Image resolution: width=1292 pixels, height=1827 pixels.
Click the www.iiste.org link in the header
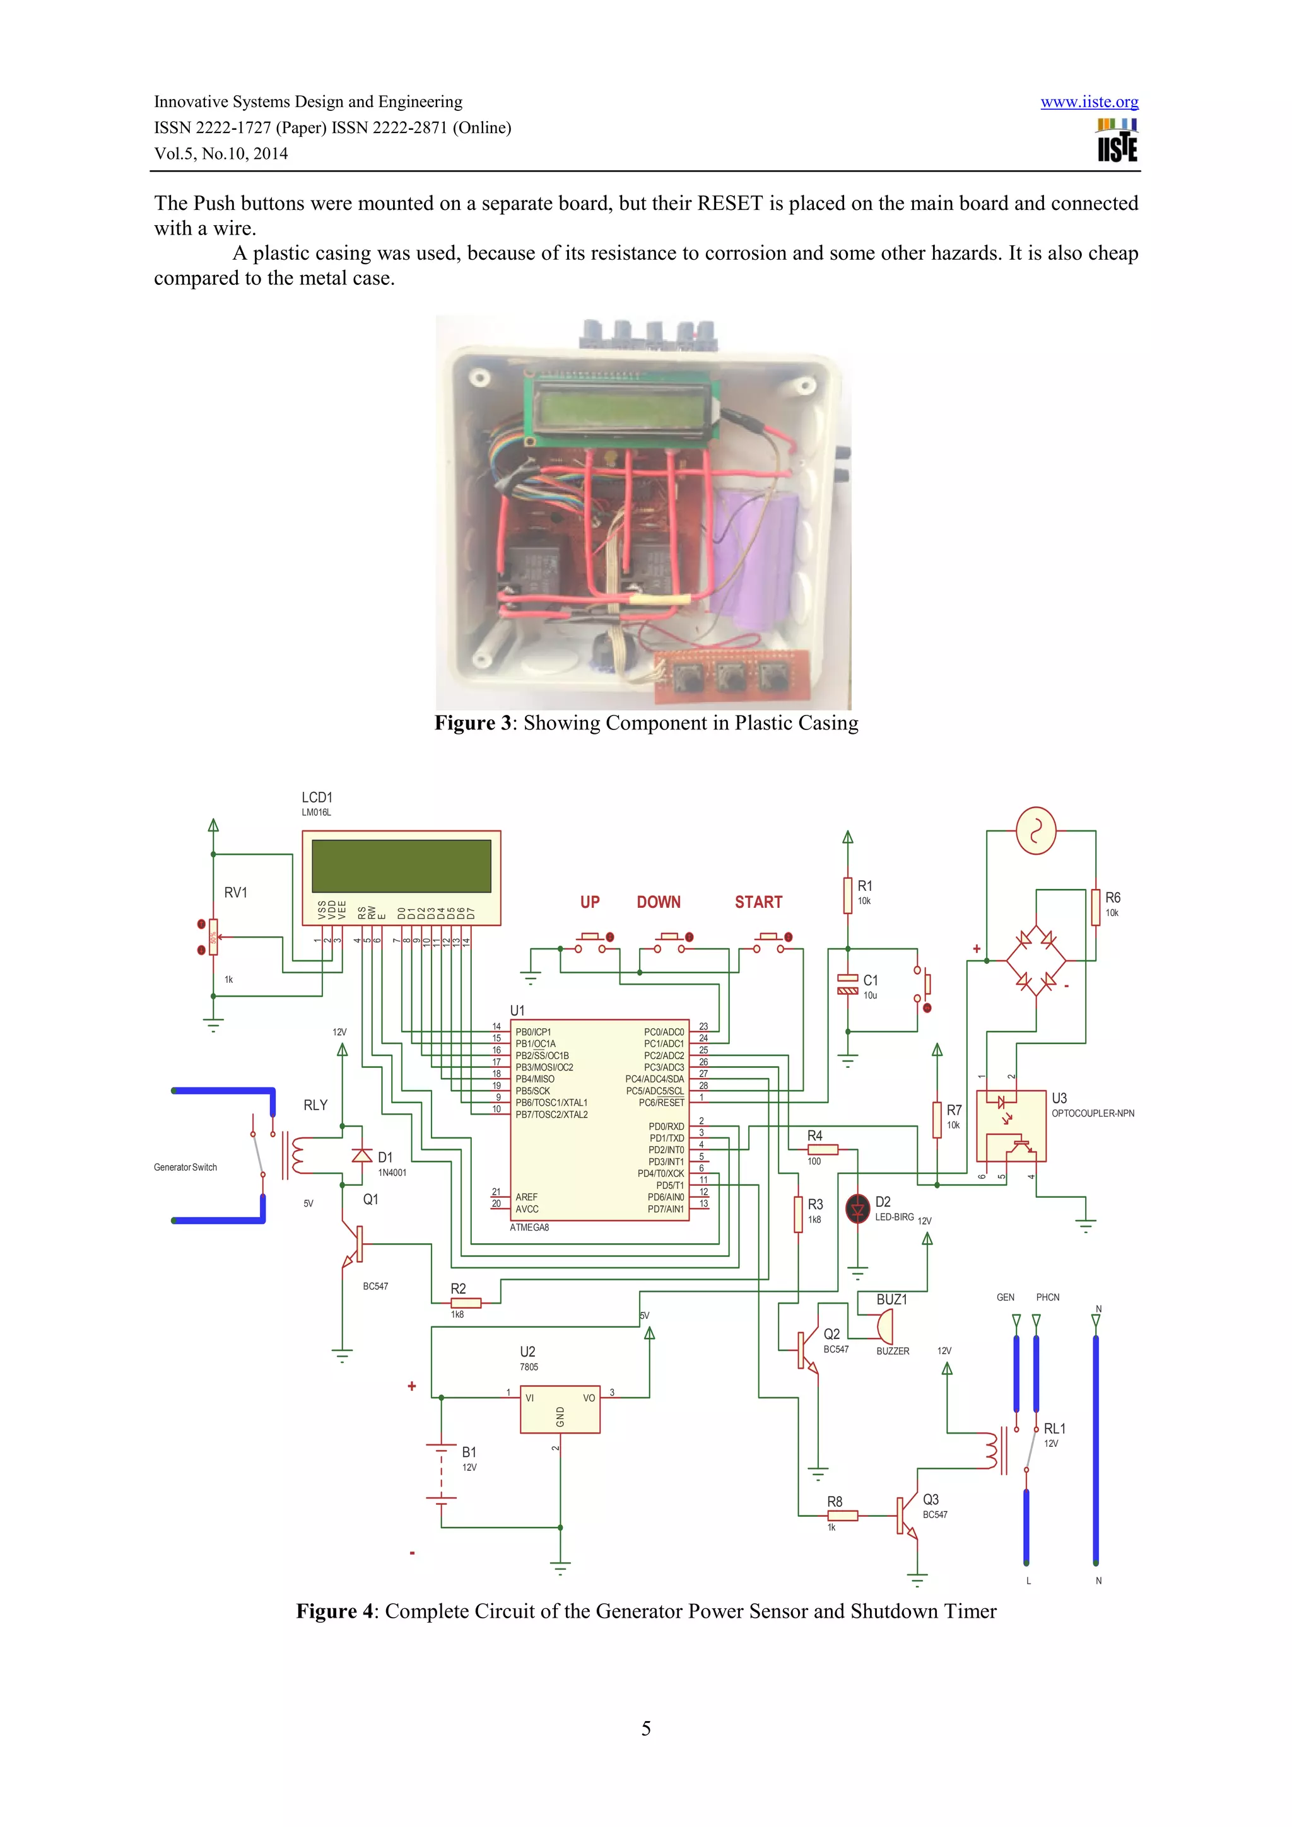click(1088, 102)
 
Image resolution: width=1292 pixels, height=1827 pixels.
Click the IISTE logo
click(1117, 141)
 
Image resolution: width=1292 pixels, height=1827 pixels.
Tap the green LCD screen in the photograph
click(621, 407)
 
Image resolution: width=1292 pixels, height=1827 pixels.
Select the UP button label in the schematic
click(589, 902)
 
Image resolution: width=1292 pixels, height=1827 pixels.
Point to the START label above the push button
click(758, 902)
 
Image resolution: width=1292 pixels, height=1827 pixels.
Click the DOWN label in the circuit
click(659, 902)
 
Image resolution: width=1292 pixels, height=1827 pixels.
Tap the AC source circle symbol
click(1036, 831)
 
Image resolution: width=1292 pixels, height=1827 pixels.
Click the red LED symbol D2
click(857, 1209)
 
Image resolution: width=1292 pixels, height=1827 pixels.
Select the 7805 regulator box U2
click(560, 1408)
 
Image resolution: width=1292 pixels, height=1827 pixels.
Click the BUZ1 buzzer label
click(891, 1299)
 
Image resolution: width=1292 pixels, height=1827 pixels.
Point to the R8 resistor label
click(834, 1500)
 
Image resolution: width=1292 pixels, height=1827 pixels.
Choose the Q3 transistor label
click(931, 1499)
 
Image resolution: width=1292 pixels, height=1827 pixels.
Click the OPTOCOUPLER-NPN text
click(1092, 1113)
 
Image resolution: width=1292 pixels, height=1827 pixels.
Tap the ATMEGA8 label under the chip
click(529, 1227)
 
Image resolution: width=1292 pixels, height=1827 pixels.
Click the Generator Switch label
click(185, 1168)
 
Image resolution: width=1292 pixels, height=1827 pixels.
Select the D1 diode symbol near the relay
click(362, 1156)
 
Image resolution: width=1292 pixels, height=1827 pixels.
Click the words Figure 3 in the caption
click(472, 722)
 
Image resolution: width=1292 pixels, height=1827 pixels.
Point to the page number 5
click(645, 1727)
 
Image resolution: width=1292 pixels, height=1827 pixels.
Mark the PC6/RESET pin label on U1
click(661, 1102)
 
